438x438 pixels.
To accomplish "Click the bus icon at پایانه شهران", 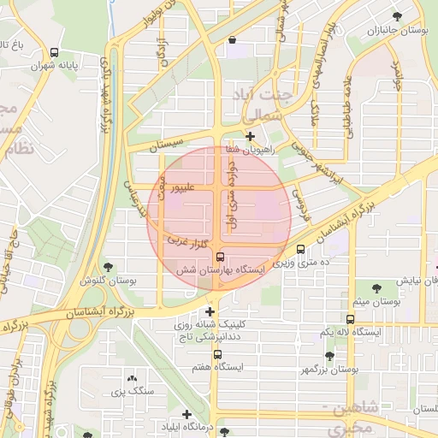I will click(55, 51).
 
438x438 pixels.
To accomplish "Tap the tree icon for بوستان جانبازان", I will click(396, 16).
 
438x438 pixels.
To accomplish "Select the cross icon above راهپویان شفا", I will click(249, 136).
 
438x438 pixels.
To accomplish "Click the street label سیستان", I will click(168, 147).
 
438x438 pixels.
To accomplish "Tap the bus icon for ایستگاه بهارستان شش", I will click(220, 256).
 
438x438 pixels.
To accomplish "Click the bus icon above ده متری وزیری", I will click(299, 249).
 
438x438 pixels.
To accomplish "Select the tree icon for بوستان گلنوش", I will click(107, 267).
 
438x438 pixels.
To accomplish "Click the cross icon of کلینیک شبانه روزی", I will click(210, 311).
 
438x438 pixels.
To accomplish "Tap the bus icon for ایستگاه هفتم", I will click(217, 353).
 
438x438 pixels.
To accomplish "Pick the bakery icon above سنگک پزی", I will click(131, 377).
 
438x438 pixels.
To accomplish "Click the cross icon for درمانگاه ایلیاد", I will click(186, 414).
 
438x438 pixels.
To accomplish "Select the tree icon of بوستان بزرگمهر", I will click(329, 355).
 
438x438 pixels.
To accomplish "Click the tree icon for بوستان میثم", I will click(376, 287).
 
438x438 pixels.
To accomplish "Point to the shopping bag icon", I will click(232, 39).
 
